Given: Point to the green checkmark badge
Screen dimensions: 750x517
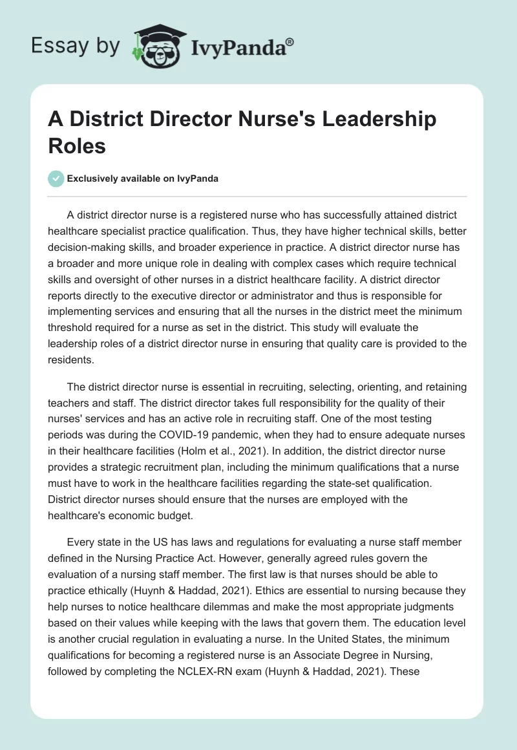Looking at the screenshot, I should (56, 178).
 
